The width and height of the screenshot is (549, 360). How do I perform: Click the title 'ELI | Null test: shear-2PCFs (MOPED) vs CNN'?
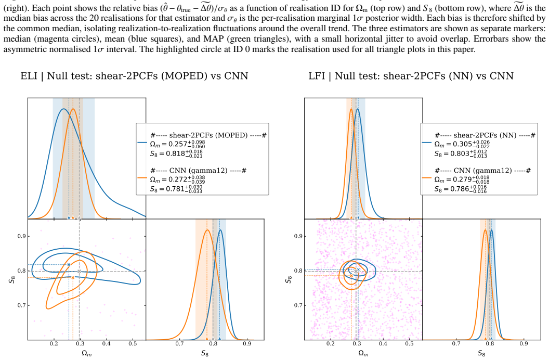pyautogui.click(x=134, y=76)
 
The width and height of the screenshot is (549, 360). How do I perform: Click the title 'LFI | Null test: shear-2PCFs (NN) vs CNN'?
pyautogui.click(x=411, y=76)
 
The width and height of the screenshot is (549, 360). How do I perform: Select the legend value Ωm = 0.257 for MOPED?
pyautogui.click(x=177, y=144)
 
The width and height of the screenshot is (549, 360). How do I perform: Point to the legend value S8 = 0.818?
pyautogui.click(x=176, y=153)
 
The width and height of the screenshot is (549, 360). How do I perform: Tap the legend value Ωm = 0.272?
pyautogui.click(x=177, y=179)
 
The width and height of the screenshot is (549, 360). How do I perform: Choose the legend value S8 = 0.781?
pyautogui.click(x=176, y=189)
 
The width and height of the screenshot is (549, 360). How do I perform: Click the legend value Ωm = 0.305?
pyautogui.click(x=462, y=144)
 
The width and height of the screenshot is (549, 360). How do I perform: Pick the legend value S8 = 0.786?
pyautogui.click(x=461, y=189)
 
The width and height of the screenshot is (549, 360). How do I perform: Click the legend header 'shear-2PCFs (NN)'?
pyautogui.click(x=485, y=135)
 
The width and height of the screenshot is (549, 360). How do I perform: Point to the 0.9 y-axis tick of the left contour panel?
pyautogui.click(x=22, y=236)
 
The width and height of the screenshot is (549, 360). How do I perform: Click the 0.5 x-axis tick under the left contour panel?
pyautogui.click(x=133, y=343)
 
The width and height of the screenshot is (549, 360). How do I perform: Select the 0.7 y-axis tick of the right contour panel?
pyautogui.click(x=298, y=305)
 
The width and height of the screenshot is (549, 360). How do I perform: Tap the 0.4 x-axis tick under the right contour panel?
pyautogui.click(x=383, y=343)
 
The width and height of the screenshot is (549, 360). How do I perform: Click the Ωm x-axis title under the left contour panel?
pyautogui.click(x=86, y=353)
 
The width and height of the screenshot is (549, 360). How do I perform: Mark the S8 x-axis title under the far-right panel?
pyautogui.click(x=481, y=353)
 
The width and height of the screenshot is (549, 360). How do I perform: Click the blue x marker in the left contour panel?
pyautogui.click(x=69, y=264)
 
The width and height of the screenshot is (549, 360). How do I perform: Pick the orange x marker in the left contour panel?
pyautogui.click(x=73, y=277)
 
